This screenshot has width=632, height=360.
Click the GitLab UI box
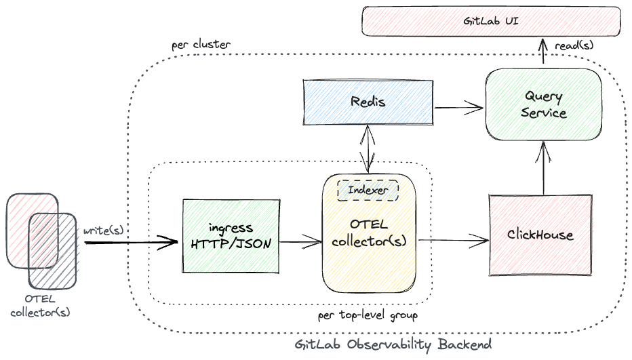[491, 21]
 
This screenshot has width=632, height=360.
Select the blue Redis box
[368, 102]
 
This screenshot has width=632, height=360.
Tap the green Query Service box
[544, 105]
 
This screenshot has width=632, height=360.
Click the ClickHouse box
[540, 235]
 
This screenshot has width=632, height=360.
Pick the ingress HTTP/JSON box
[231, 236]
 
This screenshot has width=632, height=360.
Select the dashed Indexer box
[368, 190]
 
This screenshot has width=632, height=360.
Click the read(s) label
[574, 45]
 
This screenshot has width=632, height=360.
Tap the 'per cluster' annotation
[201, 45]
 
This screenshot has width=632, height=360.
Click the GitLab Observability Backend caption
[393, 344]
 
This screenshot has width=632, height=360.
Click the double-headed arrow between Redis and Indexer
[368, 148]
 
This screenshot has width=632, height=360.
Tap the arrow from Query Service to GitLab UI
[543, 52]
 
